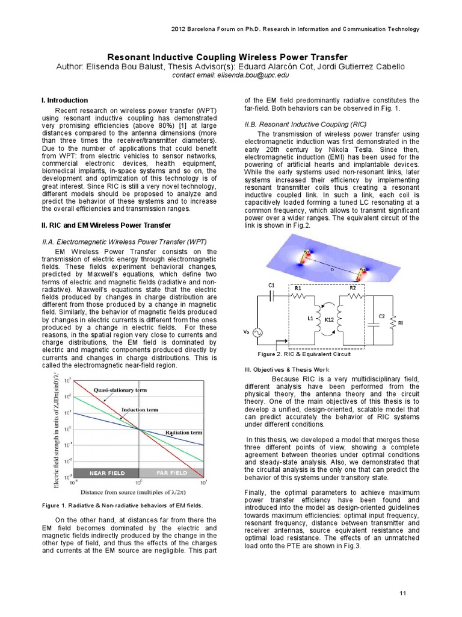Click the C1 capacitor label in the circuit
coord(271,284)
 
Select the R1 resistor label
coord(298,289)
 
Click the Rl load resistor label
coord(401,324)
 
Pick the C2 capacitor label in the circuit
coord(380,316)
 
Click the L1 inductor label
coord(310,317)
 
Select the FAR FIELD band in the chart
coord(171,473)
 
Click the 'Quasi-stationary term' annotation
coord(120,390)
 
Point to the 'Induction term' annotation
coord(140,410)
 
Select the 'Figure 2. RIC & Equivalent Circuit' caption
coord(304,354)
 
